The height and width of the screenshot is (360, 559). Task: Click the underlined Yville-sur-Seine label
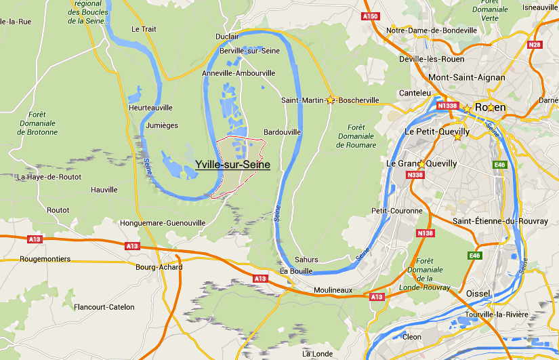[x=232, y=165]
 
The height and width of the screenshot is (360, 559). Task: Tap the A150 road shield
[x=371, y=16]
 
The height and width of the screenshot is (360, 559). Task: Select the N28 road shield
[x=535, y=45]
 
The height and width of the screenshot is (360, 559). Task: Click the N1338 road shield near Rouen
[x=447, y=106]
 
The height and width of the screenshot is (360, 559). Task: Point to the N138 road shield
[x=425, y=233]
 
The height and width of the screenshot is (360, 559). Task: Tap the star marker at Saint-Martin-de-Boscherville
[x=331, y=100]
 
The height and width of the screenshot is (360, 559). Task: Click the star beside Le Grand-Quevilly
[x=421, y=164]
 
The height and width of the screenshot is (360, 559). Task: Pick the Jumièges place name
[x=161, y=125]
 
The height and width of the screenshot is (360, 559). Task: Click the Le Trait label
[x=144, y=29]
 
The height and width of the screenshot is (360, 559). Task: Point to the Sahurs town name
[x=308, y=260]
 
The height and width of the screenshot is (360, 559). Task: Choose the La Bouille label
[x=295, y=271]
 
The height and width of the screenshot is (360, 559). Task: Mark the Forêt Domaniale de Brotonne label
[x=37, y=123]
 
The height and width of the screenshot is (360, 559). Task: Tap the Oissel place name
[x=479, y=293]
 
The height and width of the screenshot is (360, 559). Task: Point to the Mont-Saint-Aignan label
[x=466, y=77]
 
